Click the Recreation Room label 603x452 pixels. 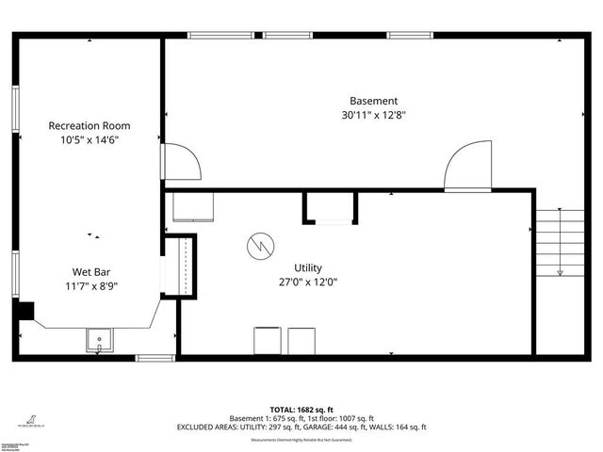point(90,125)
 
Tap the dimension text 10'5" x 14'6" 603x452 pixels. point(90,139)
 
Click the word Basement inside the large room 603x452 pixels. point(373,101)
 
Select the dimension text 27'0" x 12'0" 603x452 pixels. point(307,282)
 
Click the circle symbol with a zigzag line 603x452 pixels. point(257,247)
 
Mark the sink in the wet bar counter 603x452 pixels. point(98,339)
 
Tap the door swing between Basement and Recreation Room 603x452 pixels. point(181,161)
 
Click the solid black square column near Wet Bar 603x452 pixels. point(25,311)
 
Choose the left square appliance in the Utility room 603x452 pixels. point(267,341)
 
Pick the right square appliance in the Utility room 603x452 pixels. point(301,341)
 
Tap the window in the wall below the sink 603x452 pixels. point(155,358)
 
